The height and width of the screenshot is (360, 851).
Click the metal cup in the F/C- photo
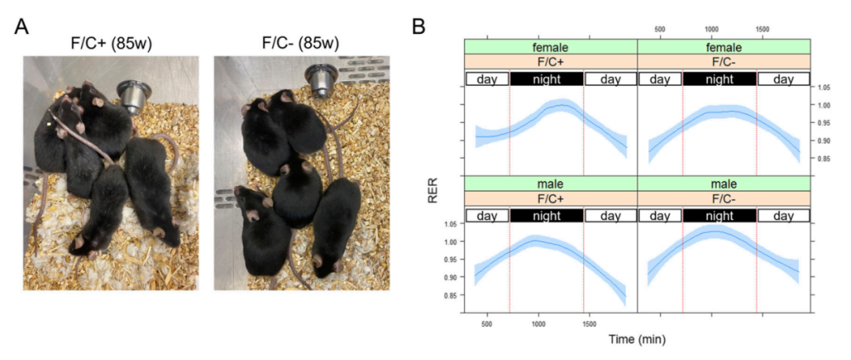click(319, 81)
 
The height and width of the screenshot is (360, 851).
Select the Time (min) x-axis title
click(635, 340)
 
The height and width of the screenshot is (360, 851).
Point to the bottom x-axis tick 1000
click(538, 323)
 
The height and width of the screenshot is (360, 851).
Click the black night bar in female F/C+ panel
click(546, 79)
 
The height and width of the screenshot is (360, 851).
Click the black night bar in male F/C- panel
click(719, 216)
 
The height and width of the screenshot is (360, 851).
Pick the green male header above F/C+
click(550, 184)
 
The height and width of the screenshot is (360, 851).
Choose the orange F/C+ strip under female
click(550, 61)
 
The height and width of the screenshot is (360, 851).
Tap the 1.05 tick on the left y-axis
click(450, 224)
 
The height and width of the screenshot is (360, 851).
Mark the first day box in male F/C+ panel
click(487, 216)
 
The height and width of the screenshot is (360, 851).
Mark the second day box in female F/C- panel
click(783, 79)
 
